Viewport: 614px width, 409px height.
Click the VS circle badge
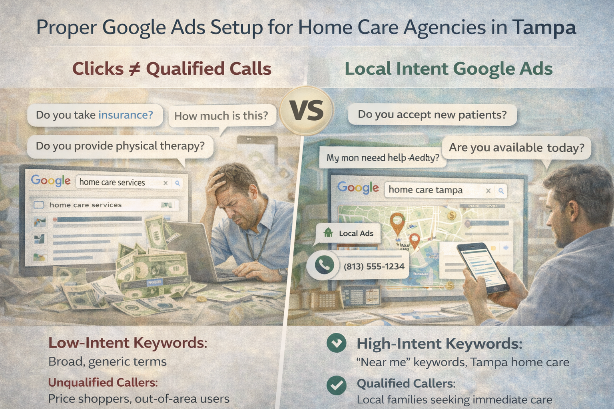pos(307,111)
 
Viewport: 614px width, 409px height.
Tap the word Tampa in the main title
pos(544,28)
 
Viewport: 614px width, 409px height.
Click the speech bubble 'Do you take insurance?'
pos(95,115)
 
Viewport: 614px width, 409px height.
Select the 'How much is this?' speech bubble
pos(221,116)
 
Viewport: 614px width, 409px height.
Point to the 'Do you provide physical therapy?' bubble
pos(120,146)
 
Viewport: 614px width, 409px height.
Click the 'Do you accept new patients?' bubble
pos(432,115)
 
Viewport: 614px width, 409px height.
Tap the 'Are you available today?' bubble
pos(516,147)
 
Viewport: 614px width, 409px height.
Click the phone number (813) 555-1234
pos(374,266)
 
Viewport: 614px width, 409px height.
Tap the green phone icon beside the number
pos(324,265)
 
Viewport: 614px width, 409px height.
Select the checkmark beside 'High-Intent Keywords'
pos(337,343)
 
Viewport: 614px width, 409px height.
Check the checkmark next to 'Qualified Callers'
pos(337,385)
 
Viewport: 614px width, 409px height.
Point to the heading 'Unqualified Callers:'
pos(103,382)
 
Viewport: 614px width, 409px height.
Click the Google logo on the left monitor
pos(51,181)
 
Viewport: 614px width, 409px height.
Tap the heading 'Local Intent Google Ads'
pos(449,69)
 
